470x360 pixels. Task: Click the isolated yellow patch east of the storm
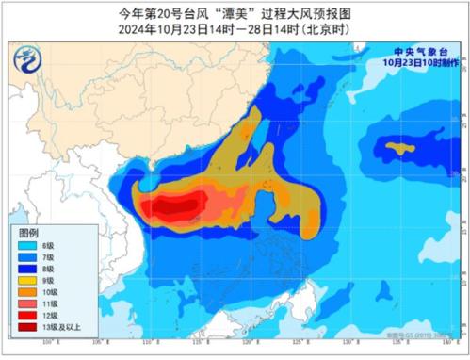403,148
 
